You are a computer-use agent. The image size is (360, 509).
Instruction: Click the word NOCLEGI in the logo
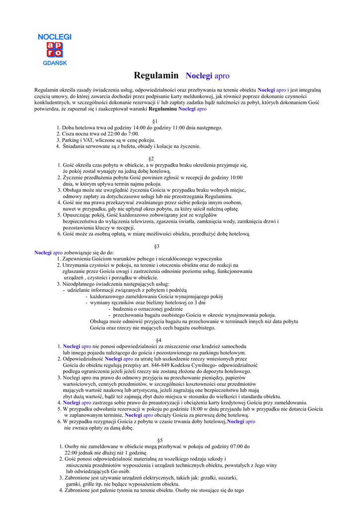[x=55, y=37]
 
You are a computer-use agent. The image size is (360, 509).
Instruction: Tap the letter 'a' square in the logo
[x=51, y=45]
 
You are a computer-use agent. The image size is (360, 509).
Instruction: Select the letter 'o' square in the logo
[x=59, y=53]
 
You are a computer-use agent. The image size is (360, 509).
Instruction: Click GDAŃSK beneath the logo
[x=55, y=63]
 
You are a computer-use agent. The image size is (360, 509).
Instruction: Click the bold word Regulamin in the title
[x=156, y=76]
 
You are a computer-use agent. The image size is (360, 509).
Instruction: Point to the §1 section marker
[x=155, y=121]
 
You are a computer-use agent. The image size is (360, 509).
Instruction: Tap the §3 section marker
[x=157, y=246]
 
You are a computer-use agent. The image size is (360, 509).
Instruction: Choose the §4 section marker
[x=159, y=340]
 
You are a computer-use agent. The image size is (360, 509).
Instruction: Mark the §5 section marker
[x=160, y=440]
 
